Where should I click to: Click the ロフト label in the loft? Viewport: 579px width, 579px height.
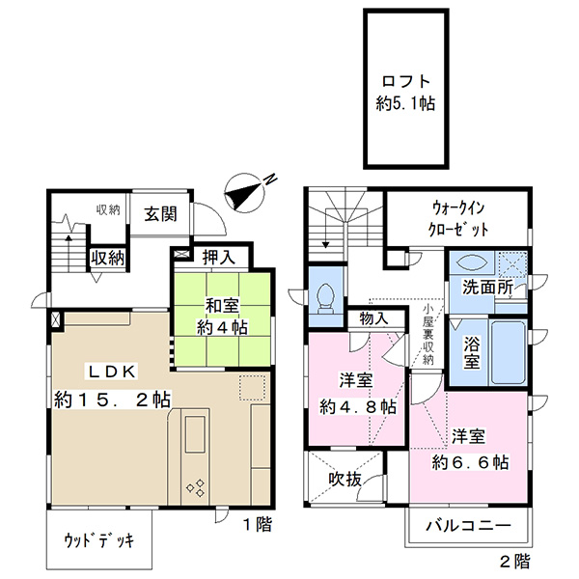[406, 81]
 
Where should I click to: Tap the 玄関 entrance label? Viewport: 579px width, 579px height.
[160, 214]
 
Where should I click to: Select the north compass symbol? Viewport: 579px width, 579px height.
[247, 193]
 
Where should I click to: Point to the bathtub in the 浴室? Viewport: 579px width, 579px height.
[508, 352]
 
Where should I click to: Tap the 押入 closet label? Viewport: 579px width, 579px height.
[219, 257]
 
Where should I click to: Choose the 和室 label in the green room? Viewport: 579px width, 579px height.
[222, 306]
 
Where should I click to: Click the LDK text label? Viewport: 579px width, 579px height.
[112, 372]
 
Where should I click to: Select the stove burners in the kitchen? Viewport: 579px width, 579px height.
[196, 487]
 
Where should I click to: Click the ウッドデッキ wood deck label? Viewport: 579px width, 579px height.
[99, 540]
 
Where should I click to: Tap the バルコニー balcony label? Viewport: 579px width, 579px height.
[468, 525]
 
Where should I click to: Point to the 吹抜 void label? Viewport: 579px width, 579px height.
[345, 479]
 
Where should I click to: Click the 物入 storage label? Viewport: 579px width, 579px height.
[374, 318]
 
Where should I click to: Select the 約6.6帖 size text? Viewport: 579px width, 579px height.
[470, 462]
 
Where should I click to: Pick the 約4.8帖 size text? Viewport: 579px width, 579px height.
[357, 406]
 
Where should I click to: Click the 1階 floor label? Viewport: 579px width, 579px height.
[258, 524]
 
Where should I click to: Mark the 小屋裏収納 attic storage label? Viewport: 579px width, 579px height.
[427, 334]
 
